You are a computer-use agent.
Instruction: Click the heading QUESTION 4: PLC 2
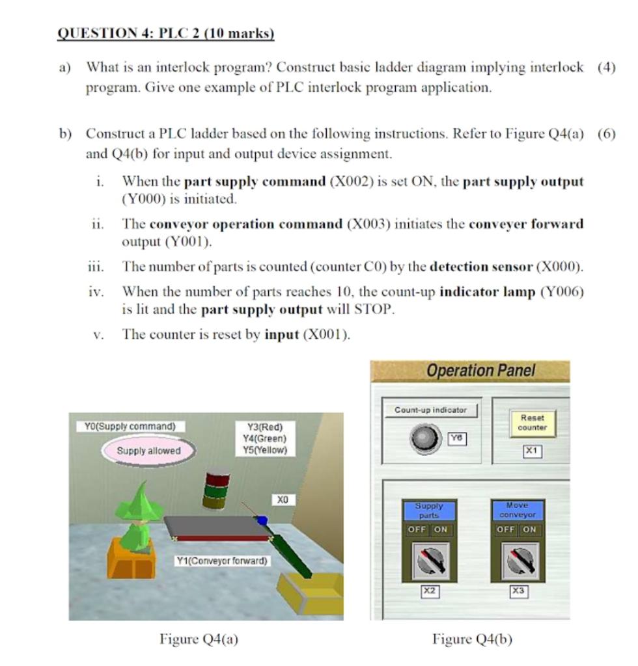click(166, 33)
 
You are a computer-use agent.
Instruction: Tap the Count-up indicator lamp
click(426, 438)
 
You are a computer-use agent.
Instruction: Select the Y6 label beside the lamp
click(458, 439)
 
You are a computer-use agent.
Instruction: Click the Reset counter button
click(532, 422)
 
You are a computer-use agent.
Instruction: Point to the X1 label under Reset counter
click(532, 450)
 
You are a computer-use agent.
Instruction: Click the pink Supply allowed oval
click(148, 450)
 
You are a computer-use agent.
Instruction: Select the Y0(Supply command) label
click(130, 427)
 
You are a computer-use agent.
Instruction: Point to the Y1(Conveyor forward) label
click(222, 560)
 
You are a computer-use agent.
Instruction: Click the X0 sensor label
click(282, 499)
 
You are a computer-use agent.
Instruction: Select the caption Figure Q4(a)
click(199, 639)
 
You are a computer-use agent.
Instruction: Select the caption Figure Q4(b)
click(473, 639)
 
